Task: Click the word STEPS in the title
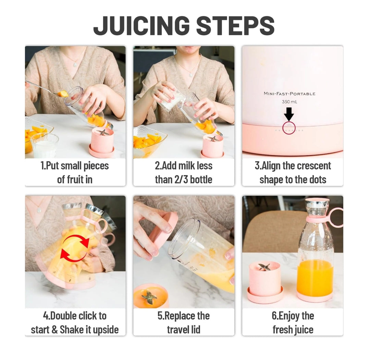(x=233, y=26)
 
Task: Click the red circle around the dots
(x=289, y=129)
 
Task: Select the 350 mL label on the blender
(x=289, y=102)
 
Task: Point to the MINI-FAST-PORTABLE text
(x=289, y=93)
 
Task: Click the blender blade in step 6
(x=264, y=267)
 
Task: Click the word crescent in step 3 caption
(x=311, y=166)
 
